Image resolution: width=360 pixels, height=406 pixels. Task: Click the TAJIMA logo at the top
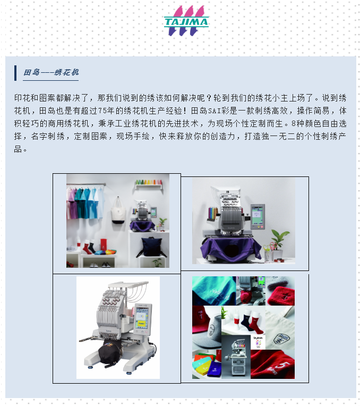pyautogui.click(x=186, y=21)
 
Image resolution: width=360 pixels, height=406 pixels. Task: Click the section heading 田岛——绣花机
pyautogui.click(x=51, y=72)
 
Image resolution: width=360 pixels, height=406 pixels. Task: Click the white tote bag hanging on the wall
pyautogui.click(x=118, y=210)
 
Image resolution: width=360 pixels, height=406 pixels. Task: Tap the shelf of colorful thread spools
pyautogui.click(x=149, y=183)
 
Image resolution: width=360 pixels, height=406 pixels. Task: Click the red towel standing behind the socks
pyautogui.click(x=103, y=244)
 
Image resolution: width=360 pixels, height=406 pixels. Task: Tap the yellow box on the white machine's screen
pyautogui.click(x=141, y=324)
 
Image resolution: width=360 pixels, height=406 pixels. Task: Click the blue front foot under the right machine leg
pyautogui.click(x=128, y=374)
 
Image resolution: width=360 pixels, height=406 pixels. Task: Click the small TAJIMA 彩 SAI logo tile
pyautogui.click(x=258, y=342)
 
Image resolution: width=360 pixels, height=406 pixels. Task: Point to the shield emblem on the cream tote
pyautogui.click(x=280, y=339)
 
